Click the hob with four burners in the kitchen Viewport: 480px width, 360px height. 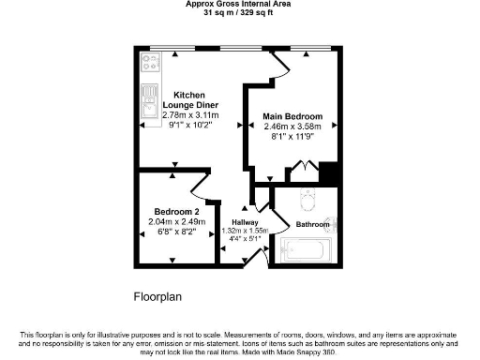pyautogui.click(x=150, y=63)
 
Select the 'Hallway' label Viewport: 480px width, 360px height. pyautogui.click(x=245, y=221)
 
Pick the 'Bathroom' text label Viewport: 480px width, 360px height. pyautogui.click(x=312, y=225)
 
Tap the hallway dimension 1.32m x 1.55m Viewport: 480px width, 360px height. pyautogui.click(x=245, y=230)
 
